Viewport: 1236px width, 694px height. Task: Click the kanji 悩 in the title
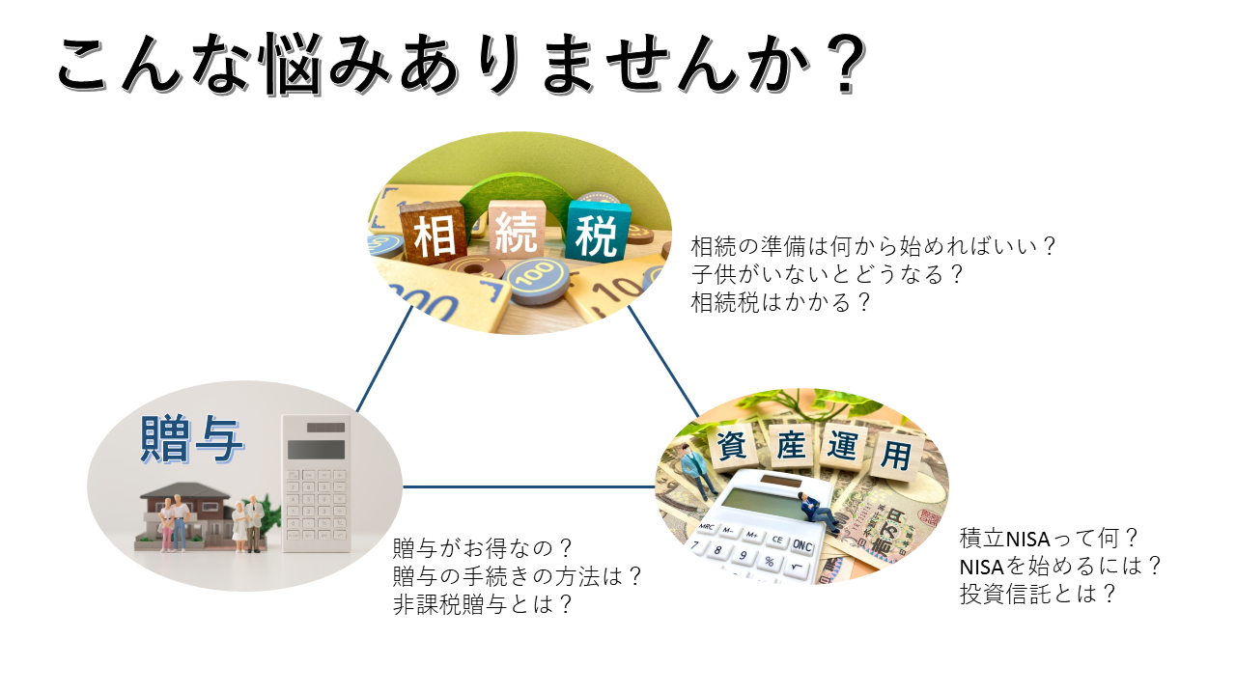294,64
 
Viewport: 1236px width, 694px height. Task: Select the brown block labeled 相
434,233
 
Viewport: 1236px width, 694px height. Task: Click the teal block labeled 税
597,232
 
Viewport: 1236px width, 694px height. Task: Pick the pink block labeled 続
517,230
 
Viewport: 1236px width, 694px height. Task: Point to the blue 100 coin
534,280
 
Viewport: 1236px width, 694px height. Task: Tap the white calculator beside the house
316,484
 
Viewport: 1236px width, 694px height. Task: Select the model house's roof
184,491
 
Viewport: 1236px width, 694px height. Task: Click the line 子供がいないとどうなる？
827,274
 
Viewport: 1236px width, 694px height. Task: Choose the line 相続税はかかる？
780,302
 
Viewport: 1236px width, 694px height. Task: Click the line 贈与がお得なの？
483,548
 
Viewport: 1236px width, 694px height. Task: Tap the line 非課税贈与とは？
483,604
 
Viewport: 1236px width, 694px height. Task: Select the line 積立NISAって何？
1049,538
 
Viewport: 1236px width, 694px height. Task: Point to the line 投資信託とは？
1037,595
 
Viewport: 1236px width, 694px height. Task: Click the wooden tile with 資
732,445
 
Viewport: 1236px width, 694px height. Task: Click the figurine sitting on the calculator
817,511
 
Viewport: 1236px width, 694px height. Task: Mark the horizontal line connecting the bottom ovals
528,486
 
